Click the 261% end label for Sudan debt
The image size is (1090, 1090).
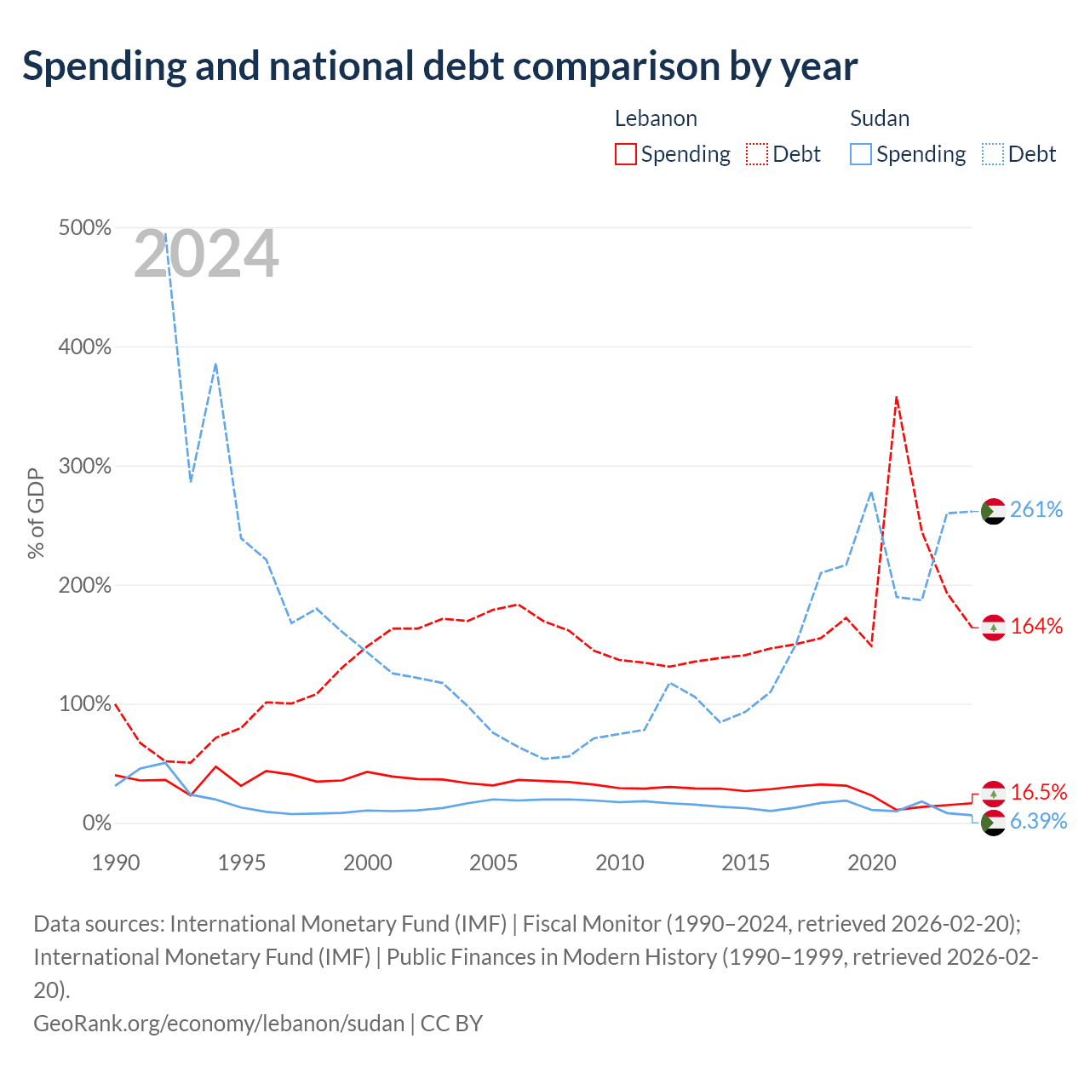point(1035,509)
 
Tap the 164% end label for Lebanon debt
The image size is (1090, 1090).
point(1036,626)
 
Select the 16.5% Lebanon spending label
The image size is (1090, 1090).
point(1039,793)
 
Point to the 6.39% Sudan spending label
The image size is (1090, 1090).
point(1039,821)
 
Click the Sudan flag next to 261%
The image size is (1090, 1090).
point(993,511)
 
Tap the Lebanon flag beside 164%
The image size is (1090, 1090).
point(993,628)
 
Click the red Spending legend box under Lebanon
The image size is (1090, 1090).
point(626,154)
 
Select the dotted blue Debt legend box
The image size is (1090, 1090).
point(992,154)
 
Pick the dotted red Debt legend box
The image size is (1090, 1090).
point(757,154)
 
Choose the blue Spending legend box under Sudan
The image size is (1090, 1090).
point(860,154)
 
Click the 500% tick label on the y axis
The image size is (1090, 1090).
point(85,227)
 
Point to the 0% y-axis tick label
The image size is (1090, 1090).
point(97,823)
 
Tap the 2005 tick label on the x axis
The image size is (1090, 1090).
point(493,863)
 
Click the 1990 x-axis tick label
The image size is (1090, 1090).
point(116,863)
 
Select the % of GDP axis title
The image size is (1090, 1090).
point(36,513)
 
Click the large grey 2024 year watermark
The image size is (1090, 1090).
point(206,254)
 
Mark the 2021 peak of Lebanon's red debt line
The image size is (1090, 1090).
point(897,397)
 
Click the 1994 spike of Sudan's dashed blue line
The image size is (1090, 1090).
point(215,364)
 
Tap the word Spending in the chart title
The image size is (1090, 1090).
point(105,66)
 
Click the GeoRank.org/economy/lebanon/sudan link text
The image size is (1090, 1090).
point(219,1024)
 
